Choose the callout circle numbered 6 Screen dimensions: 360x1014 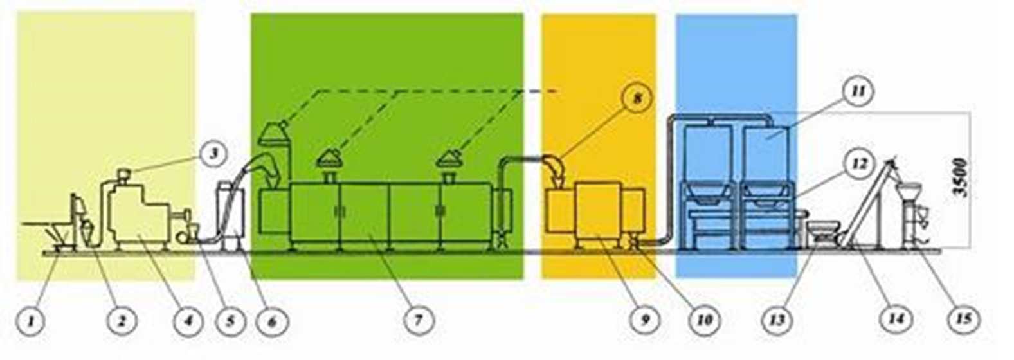pyautogui.click(x=271, y=319)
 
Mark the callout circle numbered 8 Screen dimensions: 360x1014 pyautogui.click(x=636, y=98)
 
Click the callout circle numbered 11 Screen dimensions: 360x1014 pyautogui.click(x=858, y=91)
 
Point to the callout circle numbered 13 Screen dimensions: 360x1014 pyautogui.click(x=778, y=319)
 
